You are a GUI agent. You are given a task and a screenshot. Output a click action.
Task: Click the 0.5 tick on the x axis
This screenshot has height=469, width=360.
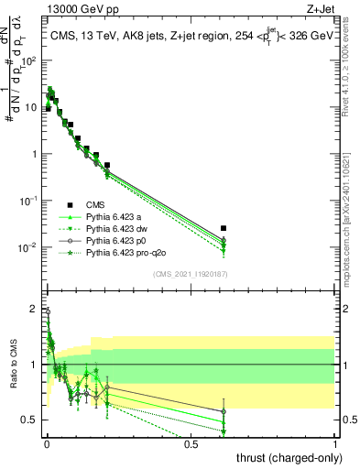(191, 444)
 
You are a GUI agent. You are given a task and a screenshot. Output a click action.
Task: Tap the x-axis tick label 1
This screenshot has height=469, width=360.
(335, 444)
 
